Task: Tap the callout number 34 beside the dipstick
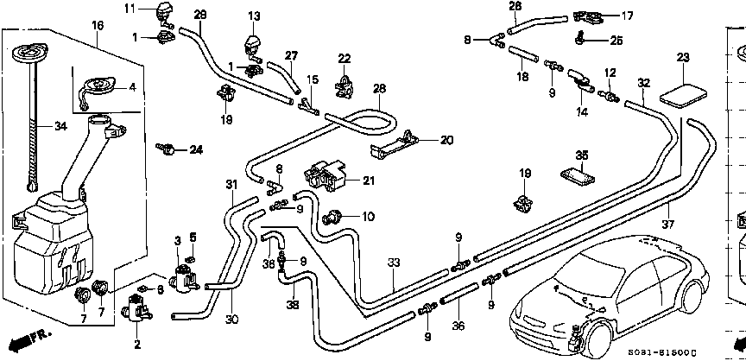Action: [60, 127]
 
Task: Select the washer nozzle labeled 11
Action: [163, 13]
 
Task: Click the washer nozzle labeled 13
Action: [254, 43]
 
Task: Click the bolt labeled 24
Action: [169, 149]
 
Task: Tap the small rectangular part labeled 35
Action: [579, 175]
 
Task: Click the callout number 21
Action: [370, 180]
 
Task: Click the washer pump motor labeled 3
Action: [183, 278]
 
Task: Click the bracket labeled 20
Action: [399, 144]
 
